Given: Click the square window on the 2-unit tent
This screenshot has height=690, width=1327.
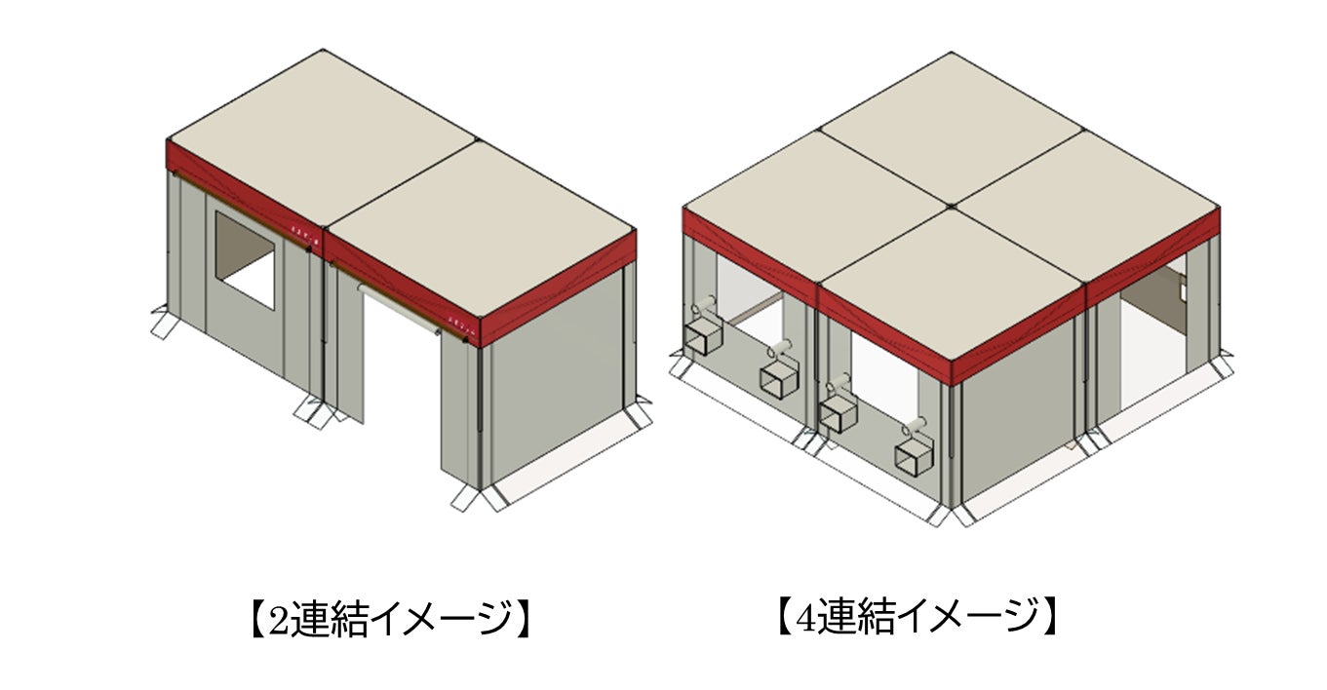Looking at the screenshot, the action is pyautogui.click(x=245, y=260).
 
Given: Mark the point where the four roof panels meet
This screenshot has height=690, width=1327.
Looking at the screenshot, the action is pyautogui.click(x=950, y=207).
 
